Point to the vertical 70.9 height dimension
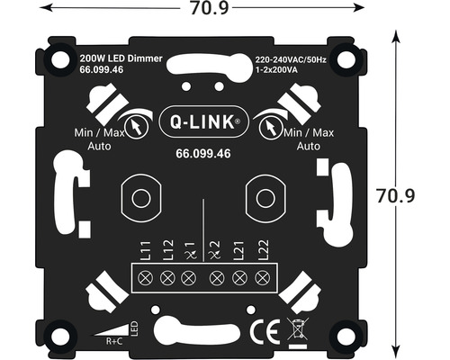pyautogui.click(x=418, y=193)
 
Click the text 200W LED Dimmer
pyautogui.click(x=121, y=58)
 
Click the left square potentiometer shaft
pyautogui.click(x=139, y=197)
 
